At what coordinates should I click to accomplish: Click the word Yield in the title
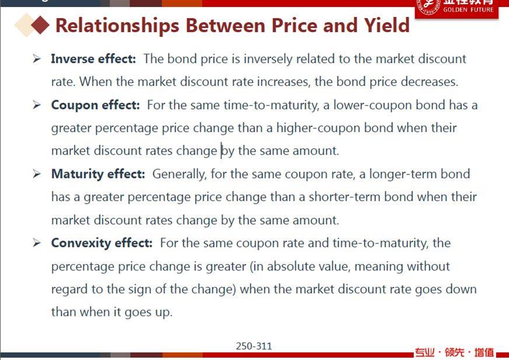point(386,25)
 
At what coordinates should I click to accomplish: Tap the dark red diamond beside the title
point(40,25)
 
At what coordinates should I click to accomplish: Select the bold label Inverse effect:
point(93,59)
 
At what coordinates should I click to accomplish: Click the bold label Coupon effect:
point(96,105)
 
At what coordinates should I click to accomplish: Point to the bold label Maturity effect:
point(98,174)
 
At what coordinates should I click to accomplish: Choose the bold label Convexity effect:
point(102,243)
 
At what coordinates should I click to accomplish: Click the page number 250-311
point(254,346)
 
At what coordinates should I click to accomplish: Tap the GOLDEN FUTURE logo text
point(468,10)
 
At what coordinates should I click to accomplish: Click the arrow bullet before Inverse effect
point(37,59)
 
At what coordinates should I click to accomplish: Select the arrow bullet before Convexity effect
point(37,243)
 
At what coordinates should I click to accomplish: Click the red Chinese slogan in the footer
point(454,352)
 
